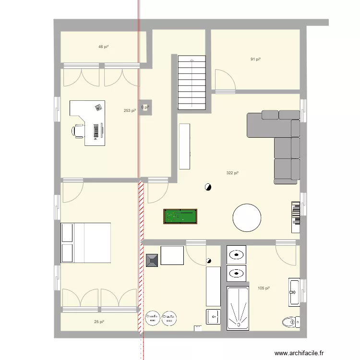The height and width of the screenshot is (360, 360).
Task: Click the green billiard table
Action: tap(180, 216)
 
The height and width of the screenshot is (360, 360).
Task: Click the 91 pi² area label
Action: tap(255, 60)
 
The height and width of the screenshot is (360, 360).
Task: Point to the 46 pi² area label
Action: tap(103, 47)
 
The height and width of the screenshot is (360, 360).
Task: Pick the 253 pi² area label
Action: tap(129, 111)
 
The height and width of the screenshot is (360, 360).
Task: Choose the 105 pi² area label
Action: tap(264, 288)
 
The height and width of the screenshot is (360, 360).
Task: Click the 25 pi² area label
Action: tap(99, 322)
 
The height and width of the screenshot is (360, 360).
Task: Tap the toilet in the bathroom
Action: tap(290, 322)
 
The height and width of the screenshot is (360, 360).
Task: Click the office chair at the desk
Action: tap(78, 130)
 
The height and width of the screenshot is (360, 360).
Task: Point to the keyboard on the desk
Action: tap(97, 130)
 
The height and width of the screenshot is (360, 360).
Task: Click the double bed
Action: tap(86, 243)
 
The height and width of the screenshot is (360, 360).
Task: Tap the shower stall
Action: tap(238, 308)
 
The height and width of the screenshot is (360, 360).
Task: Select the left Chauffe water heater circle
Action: tap(153, 318)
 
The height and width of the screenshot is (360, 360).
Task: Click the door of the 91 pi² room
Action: tap(225, 81)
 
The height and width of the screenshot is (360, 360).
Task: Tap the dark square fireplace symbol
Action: tap(153, 260)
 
